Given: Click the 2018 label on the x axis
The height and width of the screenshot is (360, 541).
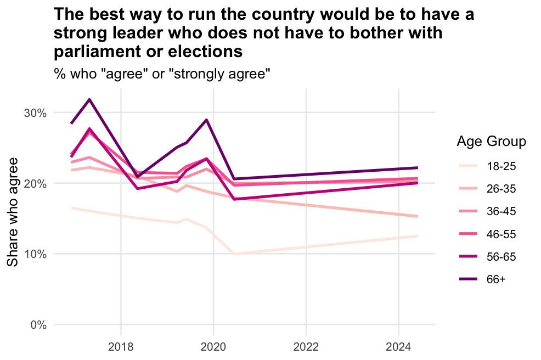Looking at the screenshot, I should pos(120,347).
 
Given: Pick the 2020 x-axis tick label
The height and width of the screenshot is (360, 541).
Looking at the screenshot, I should pos(213,347).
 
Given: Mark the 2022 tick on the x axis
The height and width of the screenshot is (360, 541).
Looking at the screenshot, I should pos(306,347).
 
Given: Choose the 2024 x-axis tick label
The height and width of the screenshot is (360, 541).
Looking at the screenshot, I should pos(398,347).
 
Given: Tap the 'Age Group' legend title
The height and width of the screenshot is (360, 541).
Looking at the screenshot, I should pos(492,142).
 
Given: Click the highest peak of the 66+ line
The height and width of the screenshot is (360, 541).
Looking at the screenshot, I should pos(89,99).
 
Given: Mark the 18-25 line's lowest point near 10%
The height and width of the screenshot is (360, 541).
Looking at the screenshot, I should pos(235,254).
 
